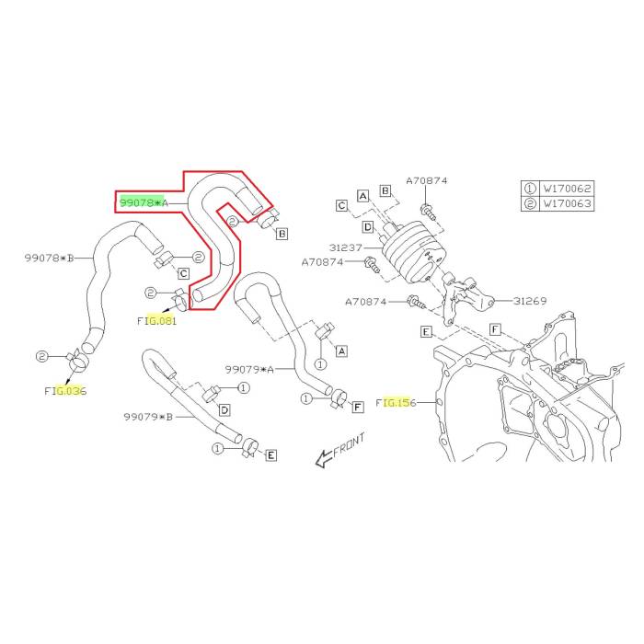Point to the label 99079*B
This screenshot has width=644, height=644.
click(148, 417)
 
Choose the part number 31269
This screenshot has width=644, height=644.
click(532, 300)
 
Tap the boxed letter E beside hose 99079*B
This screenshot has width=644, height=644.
click(271, 455)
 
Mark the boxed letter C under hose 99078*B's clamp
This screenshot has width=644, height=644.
click(183, 273)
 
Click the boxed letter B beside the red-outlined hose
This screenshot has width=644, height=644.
click(282, 235)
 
